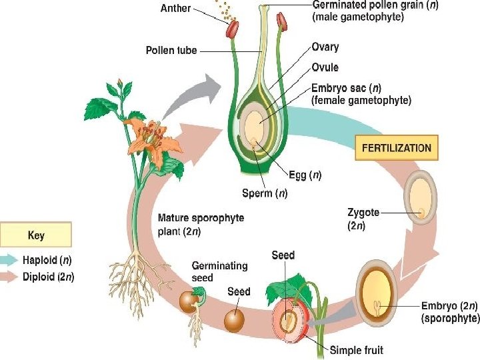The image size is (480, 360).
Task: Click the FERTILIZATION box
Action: [396, 148]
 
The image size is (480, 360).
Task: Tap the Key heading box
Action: [36, 235]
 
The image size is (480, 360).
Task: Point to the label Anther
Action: [175, 9]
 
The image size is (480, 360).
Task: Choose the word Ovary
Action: [325, 47]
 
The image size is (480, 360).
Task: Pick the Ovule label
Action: [325, 67]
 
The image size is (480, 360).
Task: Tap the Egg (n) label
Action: [305, 176]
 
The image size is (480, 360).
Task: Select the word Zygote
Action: [363, 213]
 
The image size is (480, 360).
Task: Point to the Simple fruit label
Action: [357, 350]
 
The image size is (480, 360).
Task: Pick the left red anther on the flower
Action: [232, 29]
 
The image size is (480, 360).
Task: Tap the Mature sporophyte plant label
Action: [200, 225]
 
